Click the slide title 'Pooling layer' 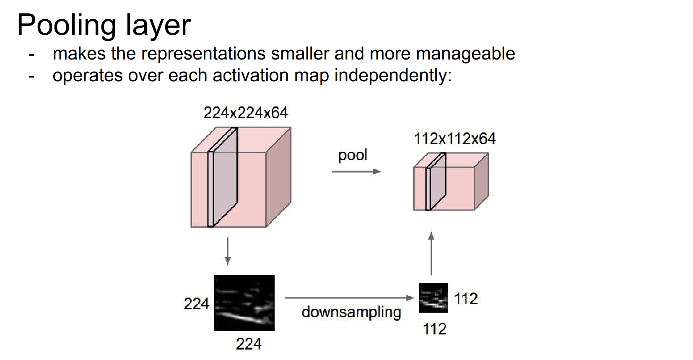pos(104,25)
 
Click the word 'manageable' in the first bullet pos(465,54)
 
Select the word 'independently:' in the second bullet pos(393,76)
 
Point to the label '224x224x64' pos(245,113)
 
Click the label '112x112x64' pos(454,139)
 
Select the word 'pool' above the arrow pos(353,155)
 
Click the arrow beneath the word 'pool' pos(356,171)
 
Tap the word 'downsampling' pos(351,312)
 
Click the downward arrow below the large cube pos(228,251)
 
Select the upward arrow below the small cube pos(431,253)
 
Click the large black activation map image pos(244,303)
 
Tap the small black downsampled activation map pos(433,298)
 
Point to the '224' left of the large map pos(196,304)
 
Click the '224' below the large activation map pos(249,344)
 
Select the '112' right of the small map pos(466,299)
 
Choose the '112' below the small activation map pos(435,329)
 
